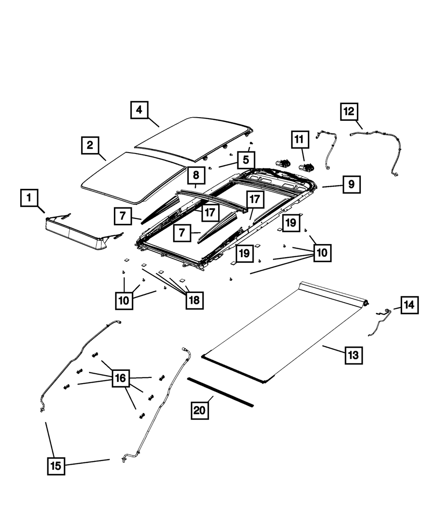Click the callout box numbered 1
pyautogui.click(x=29, y=198)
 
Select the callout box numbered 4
pyautogui.click(x=139, y=110)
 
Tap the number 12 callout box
pyautogui.click(x=350, y=112)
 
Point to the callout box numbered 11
pyautogui.click(x=299, y=140)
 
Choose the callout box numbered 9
pyautogui.click(x=352, y=185)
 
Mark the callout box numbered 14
pyautogui.click(x=409, y=305)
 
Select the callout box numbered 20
pyautogui.click(x=199, y=410)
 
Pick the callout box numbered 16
pyautogui.click(x=120, y=378)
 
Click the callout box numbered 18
pyautogui.click(x=194, y=300)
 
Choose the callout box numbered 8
pyautogui.click(x=196, y=175)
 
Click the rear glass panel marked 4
pyautogui.click(x=193, y=138)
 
